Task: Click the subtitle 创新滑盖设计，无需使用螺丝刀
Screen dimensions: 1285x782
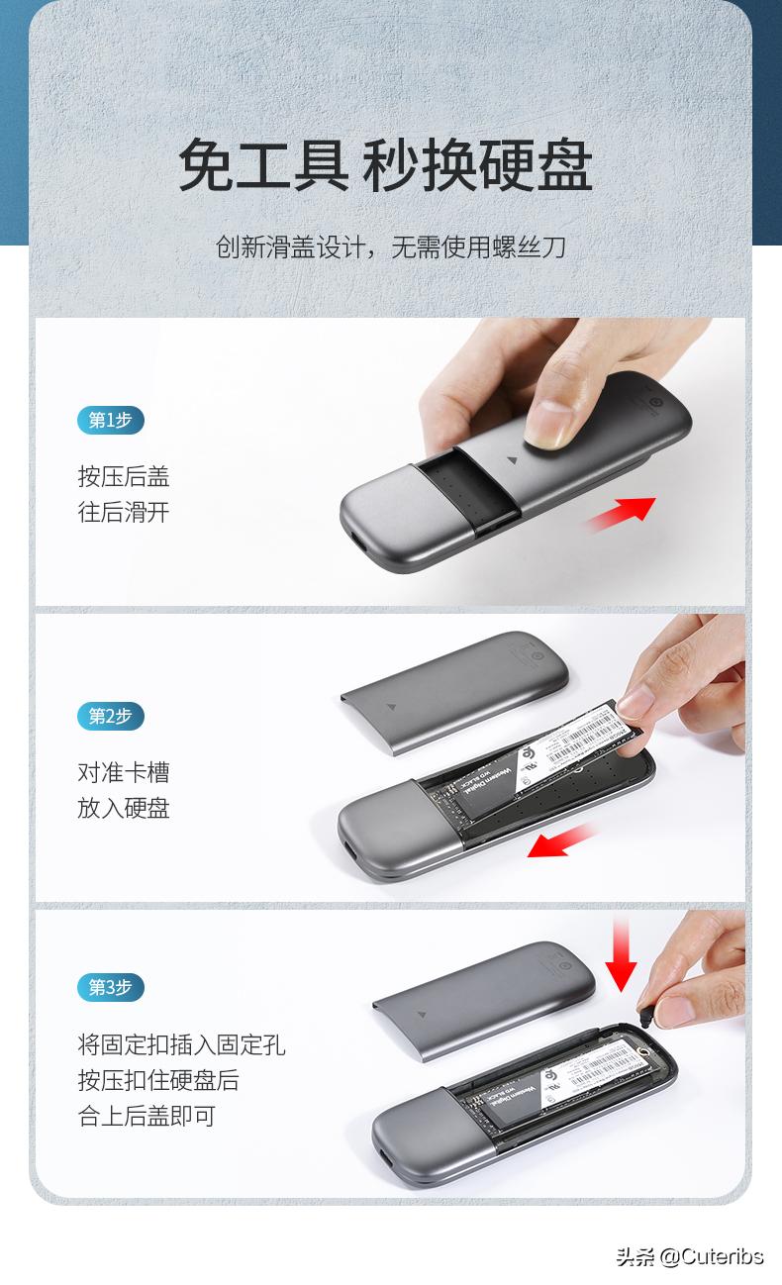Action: click(x=391, y=246)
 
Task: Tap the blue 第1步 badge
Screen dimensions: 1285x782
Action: click(x=111, y=420)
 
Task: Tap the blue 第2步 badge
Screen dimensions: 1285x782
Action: click(x=111, y=715)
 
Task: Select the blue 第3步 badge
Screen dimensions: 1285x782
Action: click(x=111, y=987)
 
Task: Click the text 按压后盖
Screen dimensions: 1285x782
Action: click(x=124, y=476)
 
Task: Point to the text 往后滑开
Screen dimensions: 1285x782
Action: click(x=124, y=512)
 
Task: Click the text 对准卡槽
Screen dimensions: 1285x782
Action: click(x=124, y=772)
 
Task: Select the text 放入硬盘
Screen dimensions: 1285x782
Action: click(x=124, y=808)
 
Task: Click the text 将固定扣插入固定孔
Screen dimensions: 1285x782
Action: click(x=181, y=1044)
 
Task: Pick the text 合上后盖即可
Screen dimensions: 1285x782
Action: click(x=147, y=1116)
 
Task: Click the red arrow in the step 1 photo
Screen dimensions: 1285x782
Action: click(x=621, y=514)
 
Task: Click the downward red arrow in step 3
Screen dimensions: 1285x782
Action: click(x=621, y=954)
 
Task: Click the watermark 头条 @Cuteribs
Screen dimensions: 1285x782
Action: click(x=690, y=1256)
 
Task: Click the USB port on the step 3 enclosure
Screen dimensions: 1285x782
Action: click(x=382, y=1157)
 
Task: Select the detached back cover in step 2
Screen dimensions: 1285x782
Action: click(x=454, y=686)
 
